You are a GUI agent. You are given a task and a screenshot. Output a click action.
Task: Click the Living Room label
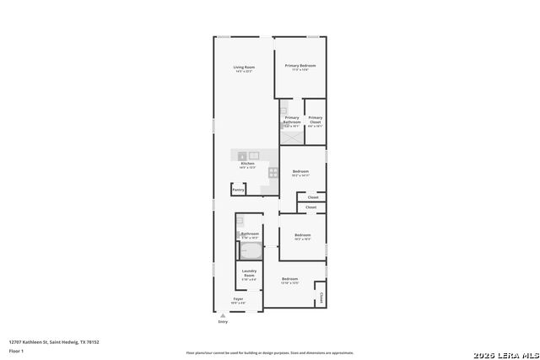click(244, 67)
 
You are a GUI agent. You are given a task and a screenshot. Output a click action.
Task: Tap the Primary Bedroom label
click(300, 66)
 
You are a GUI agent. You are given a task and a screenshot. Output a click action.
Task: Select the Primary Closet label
click(315, 120)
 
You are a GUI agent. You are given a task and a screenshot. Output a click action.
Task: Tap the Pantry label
click(238, 190)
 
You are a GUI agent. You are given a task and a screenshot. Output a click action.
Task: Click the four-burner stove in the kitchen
click(273, 172)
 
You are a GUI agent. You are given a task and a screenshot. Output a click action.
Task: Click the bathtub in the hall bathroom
click(251, 251)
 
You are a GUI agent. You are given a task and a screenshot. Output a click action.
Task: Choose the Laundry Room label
click(249, 273)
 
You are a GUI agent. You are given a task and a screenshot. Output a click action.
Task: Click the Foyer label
click(238, 299)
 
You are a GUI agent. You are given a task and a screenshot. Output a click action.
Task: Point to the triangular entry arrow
click(223, 315)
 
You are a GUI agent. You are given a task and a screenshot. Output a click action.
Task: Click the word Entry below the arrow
click(223, 321)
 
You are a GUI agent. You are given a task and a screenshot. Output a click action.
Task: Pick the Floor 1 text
click(17, 351)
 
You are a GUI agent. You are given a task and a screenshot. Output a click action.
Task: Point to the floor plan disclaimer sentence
click(269, 352)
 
